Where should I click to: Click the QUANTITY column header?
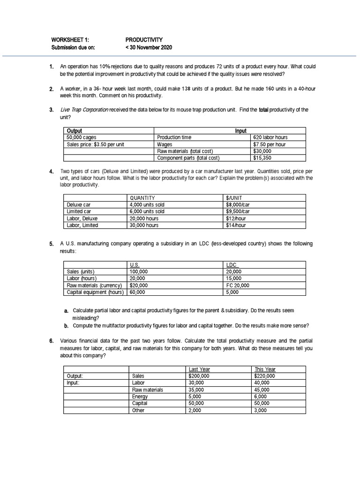pyautogui.click(x=142, y=198)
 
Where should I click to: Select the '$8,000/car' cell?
pyautogui.click(x=238, y=205)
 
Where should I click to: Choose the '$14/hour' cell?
pyautogui.click(x=236, y=225)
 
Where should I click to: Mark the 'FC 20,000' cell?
pyautogui.click(x=238, y=285)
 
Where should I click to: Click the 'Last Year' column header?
pyautogui.click(x=199, y=369)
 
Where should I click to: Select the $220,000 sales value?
pyautogui.click(x=264, y=376)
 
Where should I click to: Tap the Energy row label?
pyautogui.click(x=140, y=397)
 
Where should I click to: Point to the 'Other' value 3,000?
pyautogui.click(x=260, y=410)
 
